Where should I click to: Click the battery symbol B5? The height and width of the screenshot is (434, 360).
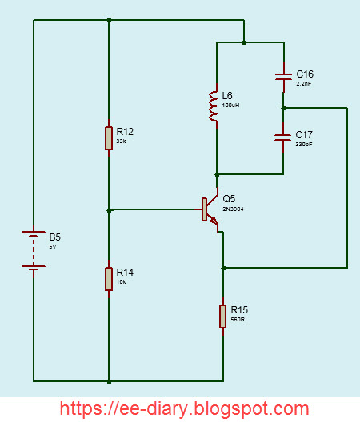click(x=33, y=250)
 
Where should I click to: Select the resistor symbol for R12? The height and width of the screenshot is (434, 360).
click(x=109, y=137)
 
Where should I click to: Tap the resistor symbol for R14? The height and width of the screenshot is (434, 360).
click(x=109, y=279)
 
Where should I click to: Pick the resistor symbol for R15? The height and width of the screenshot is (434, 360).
click(x=223, y=316)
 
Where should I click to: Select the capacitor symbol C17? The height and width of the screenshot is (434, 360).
click(x=283, y=137)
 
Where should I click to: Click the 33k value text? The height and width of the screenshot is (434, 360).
click(x=121, y=141)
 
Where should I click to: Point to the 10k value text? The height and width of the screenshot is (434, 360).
click(x=121, y=282)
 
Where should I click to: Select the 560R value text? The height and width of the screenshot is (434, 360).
click(x=237, y=319)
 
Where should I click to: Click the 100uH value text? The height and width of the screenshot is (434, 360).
click(x=232, y=106)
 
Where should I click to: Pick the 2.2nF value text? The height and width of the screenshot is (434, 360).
click(x=305, y=83)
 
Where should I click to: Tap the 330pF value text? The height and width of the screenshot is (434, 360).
click(x=304, y=145)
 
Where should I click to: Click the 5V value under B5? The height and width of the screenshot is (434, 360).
click(x=53, y=247)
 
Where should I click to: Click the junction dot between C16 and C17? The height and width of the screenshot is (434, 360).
click(x=283, y=107)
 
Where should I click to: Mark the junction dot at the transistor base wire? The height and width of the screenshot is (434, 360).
click(x=109, y=210)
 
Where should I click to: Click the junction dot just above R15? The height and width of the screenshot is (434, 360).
click(x=223, y=267)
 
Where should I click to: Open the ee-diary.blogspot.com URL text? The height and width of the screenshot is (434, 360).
click(x=185, y=408)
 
